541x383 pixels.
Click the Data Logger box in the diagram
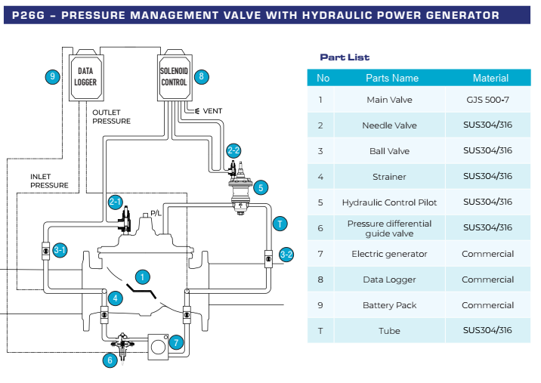pyautogui.click(x=85, y=76)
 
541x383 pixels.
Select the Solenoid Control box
pyautogui.click(x=174, y=76)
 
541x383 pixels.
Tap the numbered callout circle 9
pyautogui.click(x=52, y=76)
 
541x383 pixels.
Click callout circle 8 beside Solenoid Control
pyautogui.click(x=201, y=76)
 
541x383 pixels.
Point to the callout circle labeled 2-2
pyautogui.click(x=233, y=150)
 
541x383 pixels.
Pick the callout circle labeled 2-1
pyautogui.click(x=116, y=202)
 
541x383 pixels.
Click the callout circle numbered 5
pyautogui.click(x=261, y=187)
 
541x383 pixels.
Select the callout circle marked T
pyautogui.click(x=280, y=223)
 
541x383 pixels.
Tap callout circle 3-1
pyautogui.click(x=59, y=249)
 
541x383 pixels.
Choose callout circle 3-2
pyautogui.click(x=286, y=255)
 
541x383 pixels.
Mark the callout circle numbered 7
pyautogui.click(x=175, y=342)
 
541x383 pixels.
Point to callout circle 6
pyautogui.click(x=110, y=360)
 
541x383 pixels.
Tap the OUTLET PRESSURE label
pyautogui.click(x=111, y=116)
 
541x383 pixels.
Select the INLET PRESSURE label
pyautogui.click(x=49, y=181)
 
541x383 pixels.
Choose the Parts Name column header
pyautogui.click(x=391, y=78)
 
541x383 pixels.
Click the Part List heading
pyautogui.click(x=345, y=57)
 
